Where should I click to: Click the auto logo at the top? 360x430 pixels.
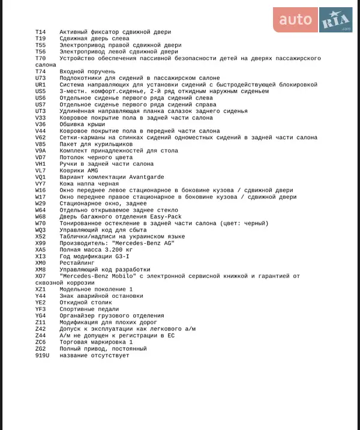(295, 20)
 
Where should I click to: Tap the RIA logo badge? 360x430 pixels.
(336, 20)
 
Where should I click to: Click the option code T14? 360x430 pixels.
(40, 32)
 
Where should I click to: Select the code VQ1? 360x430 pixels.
(40, 177)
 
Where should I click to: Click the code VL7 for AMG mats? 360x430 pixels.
(40, 170)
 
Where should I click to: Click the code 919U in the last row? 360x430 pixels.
(42, 356)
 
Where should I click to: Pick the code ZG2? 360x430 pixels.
(40, 349)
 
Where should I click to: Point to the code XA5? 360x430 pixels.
(40, 249)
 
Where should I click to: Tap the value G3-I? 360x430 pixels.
(122, 256)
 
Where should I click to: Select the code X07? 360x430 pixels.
(40, 276)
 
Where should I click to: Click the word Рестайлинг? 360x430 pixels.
(77, 262)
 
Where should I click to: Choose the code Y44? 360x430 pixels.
(40, 295)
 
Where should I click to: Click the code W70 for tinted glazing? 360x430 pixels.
(40, 223)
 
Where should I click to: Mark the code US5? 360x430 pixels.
(40, 91)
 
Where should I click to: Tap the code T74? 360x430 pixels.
(40, 71)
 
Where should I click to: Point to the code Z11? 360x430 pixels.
(40, 322)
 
